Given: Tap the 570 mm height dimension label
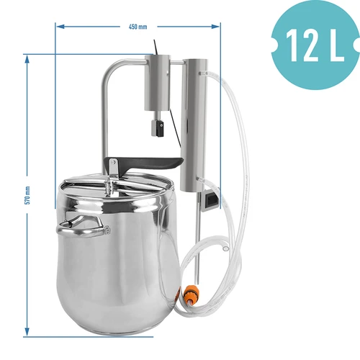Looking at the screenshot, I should pyautogui.click(x=27, y=196).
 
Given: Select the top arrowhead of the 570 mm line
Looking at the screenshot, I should pyautogui.click(x=27, y=57).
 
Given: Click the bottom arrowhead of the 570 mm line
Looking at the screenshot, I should pyautogui.click(x=27, y=333).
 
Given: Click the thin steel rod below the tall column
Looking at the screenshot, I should pyautogui.click(x=196, y=238).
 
